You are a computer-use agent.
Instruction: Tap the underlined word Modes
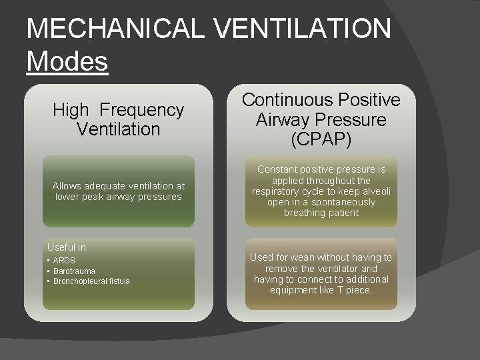pyautogui.click(x=67, y=61)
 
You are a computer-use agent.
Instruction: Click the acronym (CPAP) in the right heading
pyautogui.click(x=321, y=140)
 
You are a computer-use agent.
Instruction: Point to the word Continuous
pyautogui.click(x=285, y=100)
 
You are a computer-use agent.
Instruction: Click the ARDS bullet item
pyautogui.click(x=64, y=261)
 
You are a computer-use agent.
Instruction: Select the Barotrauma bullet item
pyautogui.click(x=74, y=271)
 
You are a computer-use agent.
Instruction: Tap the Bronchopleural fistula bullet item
pyautogui.click(x=91, y=281)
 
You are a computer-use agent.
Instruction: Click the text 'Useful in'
pyautogui.click(x=67, y=247)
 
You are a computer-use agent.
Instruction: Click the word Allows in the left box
pyautogui.click(x=66, y=186)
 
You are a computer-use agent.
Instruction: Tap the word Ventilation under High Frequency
pyautogui.click(x=119, y=129)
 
